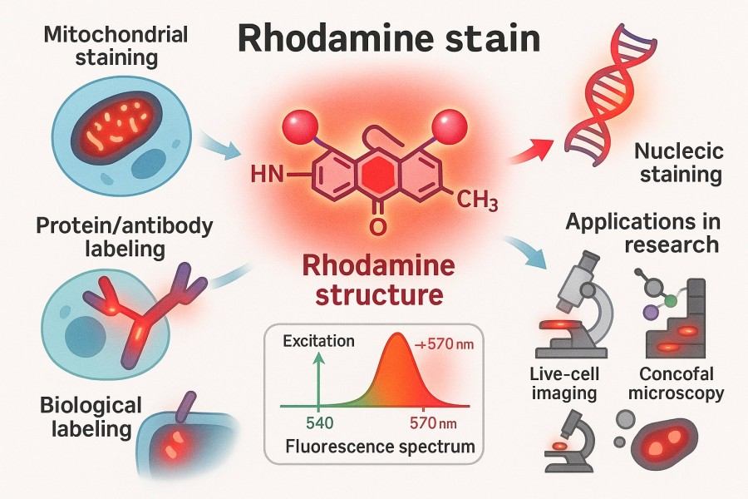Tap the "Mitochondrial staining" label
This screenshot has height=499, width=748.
click(x=104, y=48)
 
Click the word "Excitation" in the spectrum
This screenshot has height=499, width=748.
click(x=318, y=341)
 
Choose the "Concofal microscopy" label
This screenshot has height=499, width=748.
click(x=677, y=385)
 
